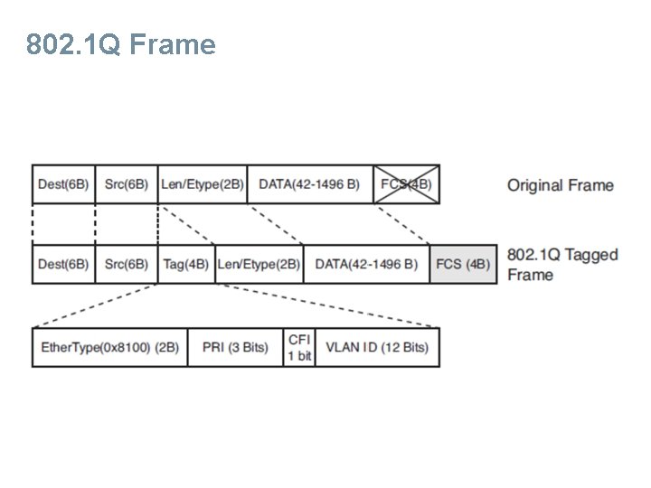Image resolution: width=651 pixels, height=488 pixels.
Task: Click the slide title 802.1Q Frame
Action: click(121, 43)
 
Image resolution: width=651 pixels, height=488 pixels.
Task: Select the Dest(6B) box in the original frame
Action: click(63, 184)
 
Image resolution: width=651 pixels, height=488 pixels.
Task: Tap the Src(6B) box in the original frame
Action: click(126, 184)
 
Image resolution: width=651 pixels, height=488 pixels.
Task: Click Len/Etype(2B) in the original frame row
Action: click(202, 184)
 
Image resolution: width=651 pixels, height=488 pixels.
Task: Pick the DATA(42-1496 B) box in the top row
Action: click(309, 184)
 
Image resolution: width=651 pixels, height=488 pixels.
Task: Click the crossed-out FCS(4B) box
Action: click(406, 184)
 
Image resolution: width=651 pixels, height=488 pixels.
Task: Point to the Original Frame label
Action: click(560, 185)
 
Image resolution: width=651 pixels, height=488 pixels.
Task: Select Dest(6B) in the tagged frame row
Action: click(63, 264)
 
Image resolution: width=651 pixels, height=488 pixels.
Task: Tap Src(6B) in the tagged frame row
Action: click(126, 264)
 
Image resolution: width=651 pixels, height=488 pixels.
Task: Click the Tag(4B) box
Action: click(186, 264)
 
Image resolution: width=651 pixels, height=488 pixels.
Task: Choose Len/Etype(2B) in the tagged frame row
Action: click(259, 264)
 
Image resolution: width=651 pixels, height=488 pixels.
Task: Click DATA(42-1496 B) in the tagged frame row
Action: click(366, 264)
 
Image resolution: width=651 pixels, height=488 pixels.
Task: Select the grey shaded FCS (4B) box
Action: click(463, 264)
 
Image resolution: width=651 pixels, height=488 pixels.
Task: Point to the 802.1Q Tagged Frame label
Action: click(562, 264)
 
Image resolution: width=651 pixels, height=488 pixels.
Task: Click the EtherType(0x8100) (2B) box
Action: click(109, 347)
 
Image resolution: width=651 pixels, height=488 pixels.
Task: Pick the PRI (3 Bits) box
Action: click(235, 347)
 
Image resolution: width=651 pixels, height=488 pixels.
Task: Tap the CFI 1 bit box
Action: click(299, 347)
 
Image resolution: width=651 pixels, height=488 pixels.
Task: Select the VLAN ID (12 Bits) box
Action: click(377, 347)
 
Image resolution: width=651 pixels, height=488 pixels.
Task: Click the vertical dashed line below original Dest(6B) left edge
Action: click(33, 224)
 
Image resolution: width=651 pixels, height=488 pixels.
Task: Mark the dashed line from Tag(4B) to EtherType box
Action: click(95, 305)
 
